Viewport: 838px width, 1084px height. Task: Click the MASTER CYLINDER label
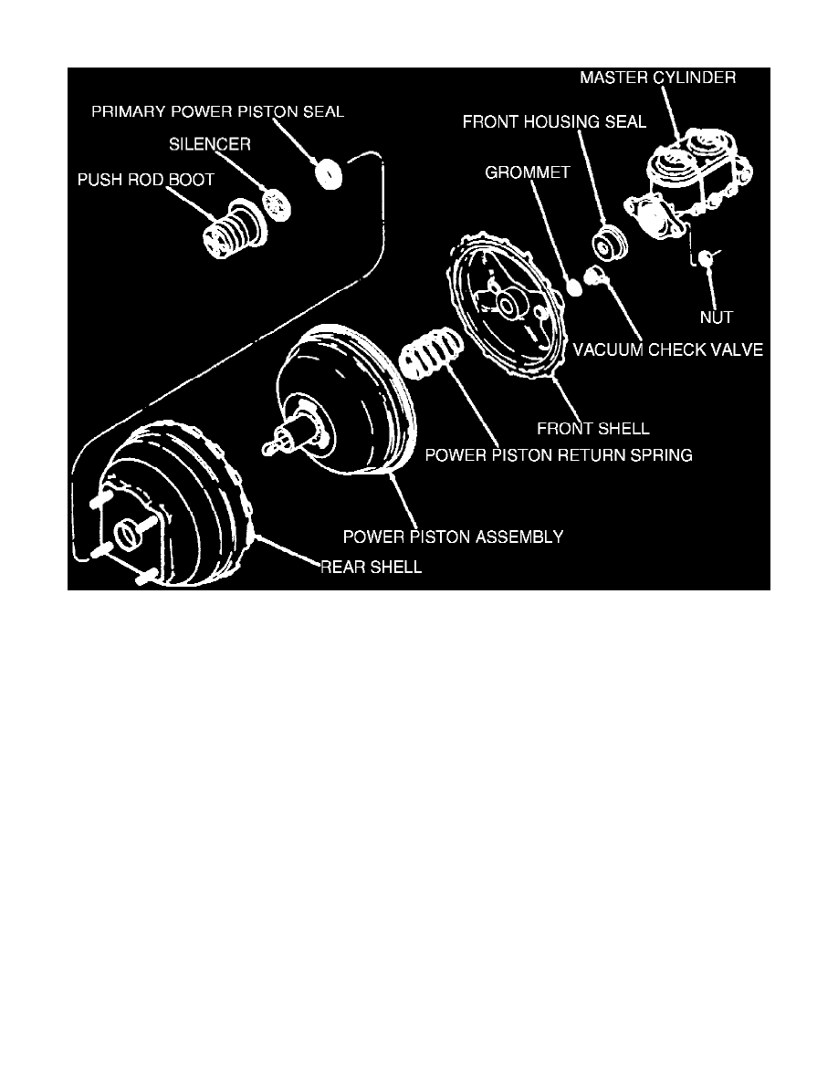(x=657, y=78)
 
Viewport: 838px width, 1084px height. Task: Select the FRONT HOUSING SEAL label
(x=554, y=121)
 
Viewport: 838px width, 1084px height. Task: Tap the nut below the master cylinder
(x=705, y=261)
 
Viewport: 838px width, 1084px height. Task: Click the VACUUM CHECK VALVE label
(x=667, y=349)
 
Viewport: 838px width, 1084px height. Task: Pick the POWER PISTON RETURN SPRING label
(x=559, y=454)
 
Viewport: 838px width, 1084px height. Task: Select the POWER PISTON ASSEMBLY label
(x=453, y=537)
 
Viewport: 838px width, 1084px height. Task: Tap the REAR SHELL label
(x=371, y=567)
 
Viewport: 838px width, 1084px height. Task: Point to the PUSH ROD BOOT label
(x=145, y=180)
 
